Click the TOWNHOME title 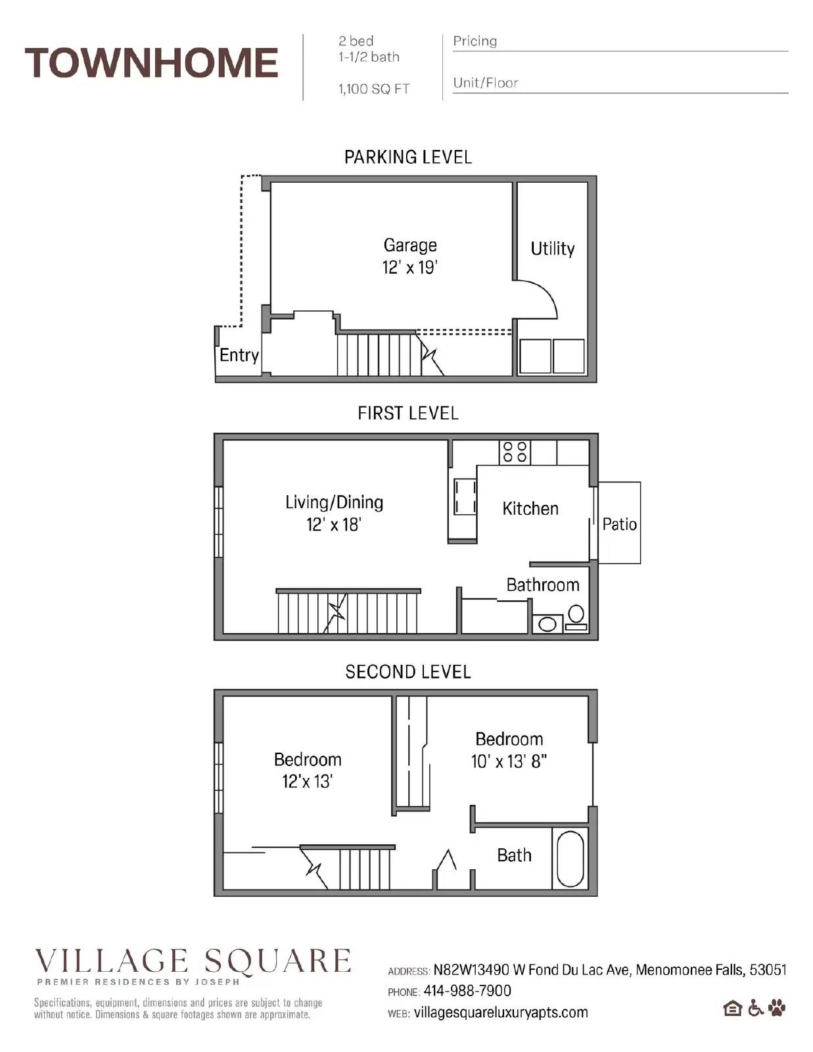pos(151,63)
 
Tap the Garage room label pos(410,245)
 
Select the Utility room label pos(552,249)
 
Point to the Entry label pos(239,355)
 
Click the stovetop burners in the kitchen pos(515,452)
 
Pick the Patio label pos(619,524)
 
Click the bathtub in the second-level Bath pos(570,858)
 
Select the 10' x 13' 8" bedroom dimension pos(509,761)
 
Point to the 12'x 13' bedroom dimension pos(307,782)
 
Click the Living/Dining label pos(334,502)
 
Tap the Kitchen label pos(530,508)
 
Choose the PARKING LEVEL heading pos(407,157)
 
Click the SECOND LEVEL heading pos(407,672)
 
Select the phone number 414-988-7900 pos(467,991)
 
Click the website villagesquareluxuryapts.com pos(500,1013)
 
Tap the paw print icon pos(777,1007)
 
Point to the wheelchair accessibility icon pos(755,1007)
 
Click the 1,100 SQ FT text pos(373,89)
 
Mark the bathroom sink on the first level pos(547,624)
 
